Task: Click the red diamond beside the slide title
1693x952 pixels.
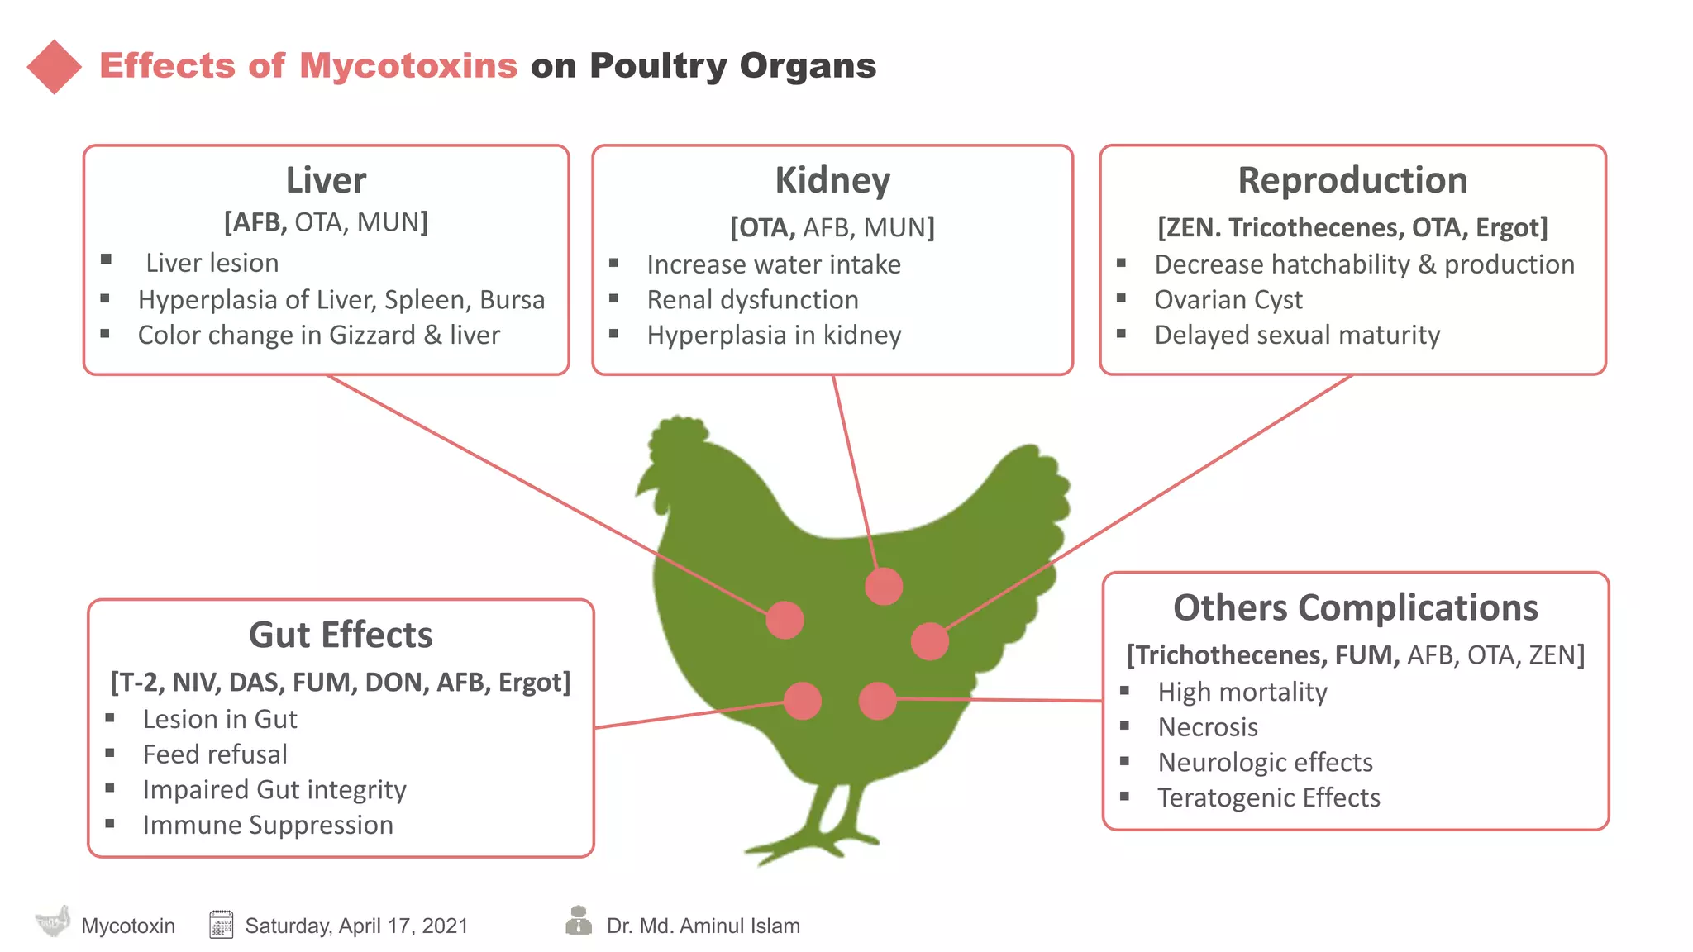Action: point(55,67)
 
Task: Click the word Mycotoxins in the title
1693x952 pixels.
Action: point(408,65)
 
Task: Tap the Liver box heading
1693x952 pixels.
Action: point(326,180)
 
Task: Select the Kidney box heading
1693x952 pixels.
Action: point(832,180)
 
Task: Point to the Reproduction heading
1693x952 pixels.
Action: point(1352,180)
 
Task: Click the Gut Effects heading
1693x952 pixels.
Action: point(341,635)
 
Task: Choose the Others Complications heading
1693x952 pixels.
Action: point(1355,607)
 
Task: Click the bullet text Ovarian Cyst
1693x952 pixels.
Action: point(1228,299)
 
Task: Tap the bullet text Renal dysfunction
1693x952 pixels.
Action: point(752,299)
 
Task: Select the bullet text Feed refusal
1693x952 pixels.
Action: point(215,754)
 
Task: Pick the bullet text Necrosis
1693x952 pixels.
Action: point(1208,726)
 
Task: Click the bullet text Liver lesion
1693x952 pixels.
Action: point(212,263)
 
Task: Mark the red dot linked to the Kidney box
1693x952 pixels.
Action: point(884,587)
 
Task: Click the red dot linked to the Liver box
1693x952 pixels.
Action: point(785,620)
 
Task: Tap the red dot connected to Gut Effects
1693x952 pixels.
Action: point(802,702)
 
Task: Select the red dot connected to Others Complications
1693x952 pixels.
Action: point(877,701)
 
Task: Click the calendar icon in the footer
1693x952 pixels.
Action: point(221,924)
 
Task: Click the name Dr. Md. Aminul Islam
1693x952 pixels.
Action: point(703,926)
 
